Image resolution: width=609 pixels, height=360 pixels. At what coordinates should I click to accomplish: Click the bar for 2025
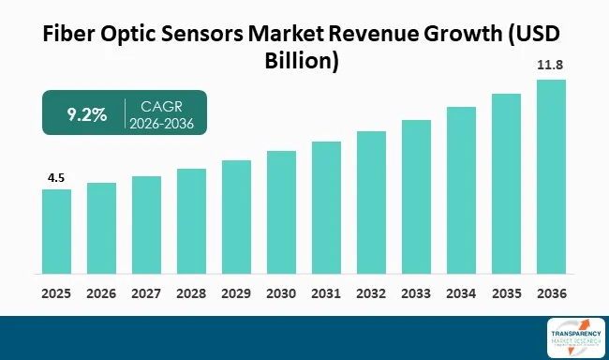tap(56, 232)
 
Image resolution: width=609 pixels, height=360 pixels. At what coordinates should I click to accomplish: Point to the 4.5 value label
tap(56, 177)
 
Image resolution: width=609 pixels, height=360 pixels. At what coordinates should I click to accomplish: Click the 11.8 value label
tap(551, 67)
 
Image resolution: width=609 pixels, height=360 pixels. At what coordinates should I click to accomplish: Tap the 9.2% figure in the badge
tap(86, 113)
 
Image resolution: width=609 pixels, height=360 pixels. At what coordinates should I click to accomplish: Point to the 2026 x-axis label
tap(101, 292)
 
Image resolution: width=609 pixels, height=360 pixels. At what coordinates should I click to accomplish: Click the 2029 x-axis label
tap(236, 292)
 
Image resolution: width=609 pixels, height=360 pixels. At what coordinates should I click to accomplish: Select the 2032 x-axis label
tap(371, 292)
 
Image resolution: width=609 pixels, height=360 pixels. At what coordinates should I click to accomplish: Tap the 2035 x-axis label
tap(506, 292)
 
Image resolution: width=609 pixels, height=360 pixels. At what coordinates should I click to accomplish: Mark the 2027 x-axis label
tap(146, 292)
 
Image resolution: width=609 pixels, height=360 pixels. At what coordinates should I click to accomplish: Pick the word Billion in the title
tap(304, 62)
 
